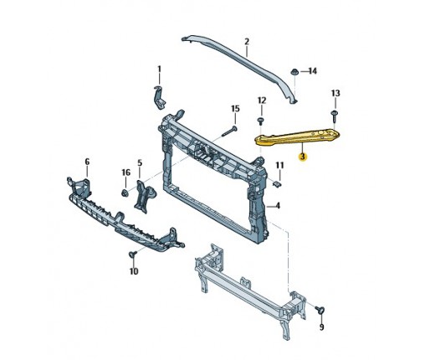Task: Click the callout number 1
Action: pyautogui.click(x=159, y=69)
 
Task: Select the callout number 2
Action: pyautogui.click(x=247, y=42)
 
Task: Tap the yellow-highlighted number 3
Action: pyautogui.click(x=303, y=157)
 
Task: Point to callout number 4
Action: pyautogui.click(x=278, y=206)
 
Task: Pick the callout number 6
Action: pyautogui.click(x=87, y=162)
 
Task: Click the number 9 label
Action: pyautogui.click(x=321, y=327)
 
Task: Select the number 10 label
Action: pyautogui.click(x=134, y=271)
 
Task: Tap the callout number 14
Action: pyautogui.click(x=313, y=71)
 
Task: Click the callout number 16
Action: pyautogui.click(x=126, y=172)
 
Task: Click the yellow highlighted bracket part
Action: pyautogui.click(x=297, y=137)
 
